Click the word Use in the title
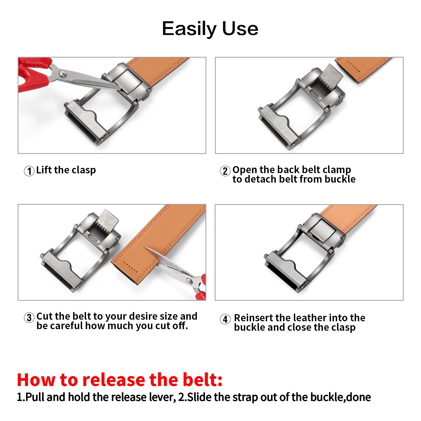click(x=240, y=28)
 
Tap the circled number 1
click(x=29, y=171)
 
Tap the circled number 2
click(x=225, y=171)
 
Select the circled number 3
click(x=29, y=318)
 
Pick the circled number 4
click(x=225, y=319)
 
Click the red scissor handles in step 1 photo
click(x=33, y=74)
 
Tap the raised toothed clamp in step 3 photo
click(x=107, y=221)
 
